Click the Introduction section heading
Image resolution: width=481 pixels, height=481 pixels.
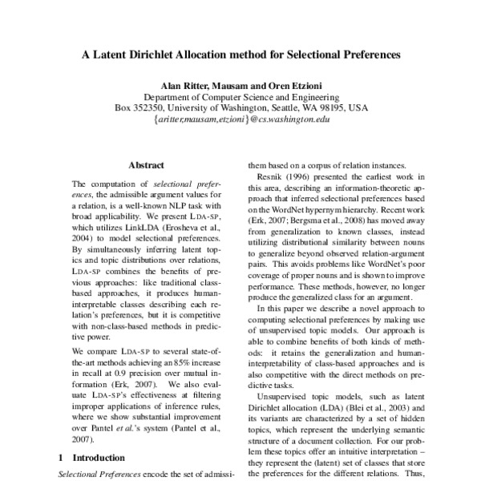click(x=100, y=458)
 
